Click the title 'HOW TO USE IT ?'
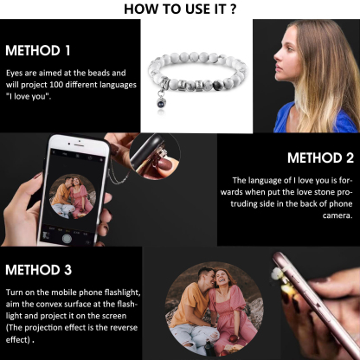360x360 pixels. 179,10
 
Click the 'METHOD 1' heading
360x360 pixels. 38,50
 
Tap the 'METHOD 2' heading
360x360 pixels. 320,158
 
